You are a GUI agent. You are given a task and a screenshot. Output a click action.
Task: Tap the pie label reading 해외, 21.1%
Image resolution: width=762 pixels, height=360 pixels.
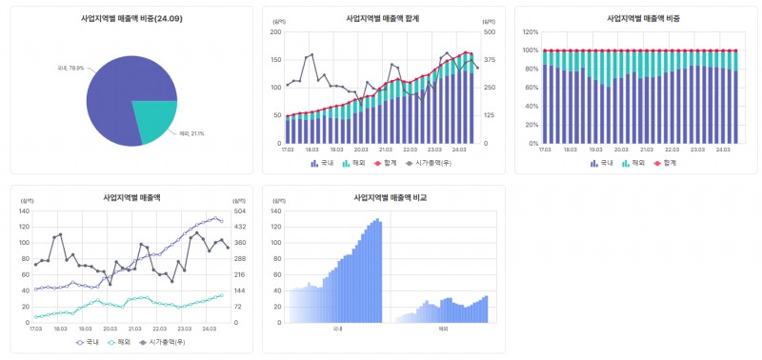point(191,133)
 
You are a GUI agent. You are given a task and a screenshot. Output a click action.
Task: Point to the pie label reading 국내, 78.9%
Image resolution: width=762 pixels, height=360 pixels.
point(70,68)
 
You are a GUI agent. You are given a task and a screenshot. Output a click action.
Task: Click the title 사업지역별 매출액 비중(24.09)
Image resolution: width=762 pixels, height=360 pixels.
point(131,18)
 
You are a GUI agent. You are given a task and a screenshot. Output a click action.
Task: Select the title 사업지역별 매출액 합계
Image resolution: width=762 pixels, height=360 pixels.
point(384,18)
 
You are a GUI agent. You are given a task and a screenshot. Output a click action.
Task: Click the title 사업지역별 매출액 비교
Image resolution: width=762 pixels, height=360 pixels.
point(384,198)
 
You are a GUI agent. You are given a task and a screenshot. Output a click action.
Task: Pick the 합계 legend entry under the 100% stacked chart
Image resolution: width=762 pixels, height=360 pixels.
point(670,163)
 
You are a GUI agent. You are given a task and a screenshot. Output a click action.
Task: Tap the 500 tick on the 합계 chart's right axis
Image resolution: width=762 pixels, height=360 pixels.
point(490,31)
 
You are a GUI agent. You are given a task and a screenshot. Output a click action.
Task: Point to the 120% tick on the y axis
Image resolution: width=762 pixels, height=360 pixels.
point(531,31)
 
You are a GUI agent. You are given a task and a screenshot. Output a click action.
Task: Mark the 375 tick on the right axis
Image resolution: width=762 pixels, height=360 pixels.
point(490,59)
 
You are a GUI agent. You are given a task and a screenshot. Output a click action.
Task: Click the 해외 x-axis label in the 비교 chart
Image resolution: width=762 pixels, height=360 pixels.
point(443,330)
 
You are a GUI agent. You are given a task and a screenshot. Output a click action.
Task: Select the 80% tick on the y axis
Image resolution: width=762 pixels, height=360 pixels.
point(531,69)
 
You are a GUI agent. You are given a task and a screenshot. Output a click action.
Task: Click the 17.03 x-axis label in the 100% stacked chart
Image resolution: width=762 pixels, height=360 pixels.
point(544,150)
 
